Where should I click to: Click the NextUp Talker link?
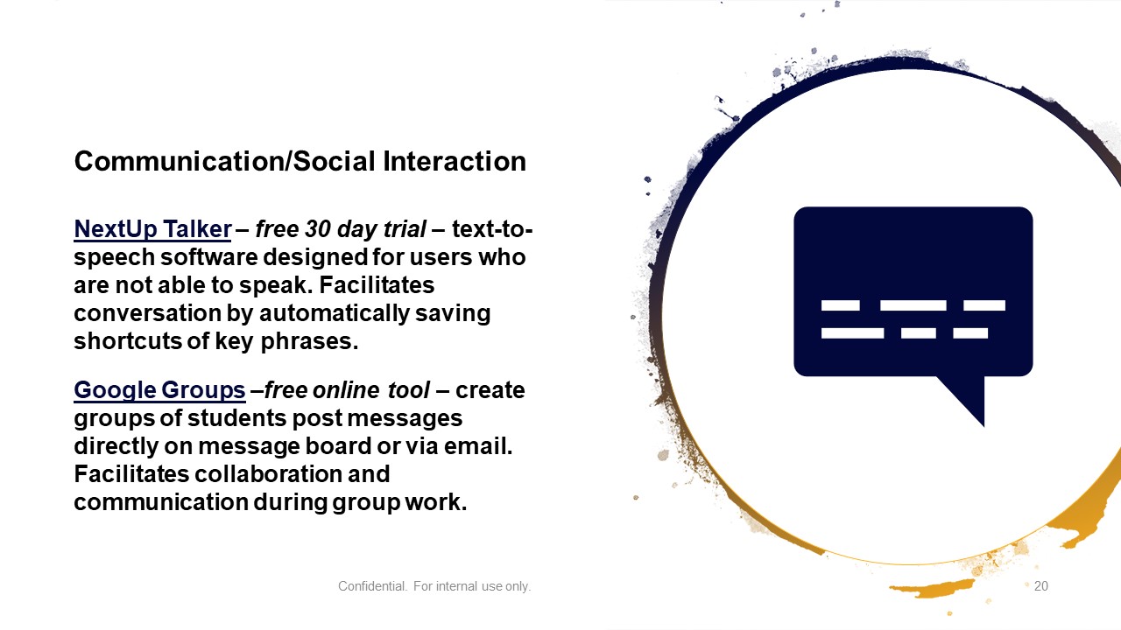tap(152, 229)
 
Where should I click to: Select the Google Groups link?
tap(159, 390)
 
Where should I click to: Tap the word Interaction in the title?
tap(455, 162)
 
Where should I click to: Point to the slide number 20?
tap(1041, 586)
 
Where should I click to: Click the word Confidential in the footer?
tap(372, 586)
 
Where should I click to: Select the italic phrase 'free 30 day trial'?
tap(341, 229)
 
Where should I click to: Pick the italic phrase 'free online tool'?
tap(347, 390)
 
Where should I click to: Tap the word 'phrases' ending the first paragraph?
tap(309, 341)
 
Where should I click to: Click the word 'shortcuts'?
tap(128, 341)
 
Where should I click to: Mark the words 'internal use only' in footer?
tap(483, 586)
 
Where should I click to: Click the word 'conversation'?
tap(148, 313)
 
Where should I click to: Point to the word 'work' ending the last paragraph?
tap(436, 502)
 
